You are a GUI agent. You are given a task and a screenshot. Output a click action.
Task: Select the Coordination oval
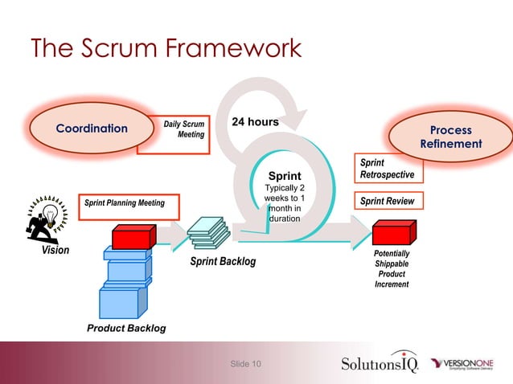91,129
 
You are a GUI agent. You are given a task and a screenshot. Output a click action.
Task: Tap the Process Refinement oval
450,137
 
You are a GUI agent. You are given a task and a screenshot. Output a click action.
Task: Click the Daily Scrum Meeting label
185,129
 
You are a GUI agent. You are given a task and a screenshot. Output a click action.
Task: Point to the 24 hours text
255,122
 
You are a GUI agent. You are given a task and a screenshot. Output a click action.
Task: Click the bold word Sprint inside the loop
285,176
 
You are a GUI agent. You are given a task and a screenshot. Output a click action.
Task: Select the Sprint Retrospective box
387,168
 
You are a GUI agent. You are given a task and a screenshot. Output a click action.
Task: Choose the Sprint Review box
387,202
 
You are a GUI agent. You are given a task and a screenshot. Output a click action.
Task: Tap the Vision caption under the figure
55,251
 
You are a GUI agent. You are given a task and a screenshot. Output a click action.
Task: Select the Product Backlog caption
126,328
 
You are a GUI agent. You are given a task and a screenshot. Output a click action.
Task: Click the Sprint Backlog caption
223,261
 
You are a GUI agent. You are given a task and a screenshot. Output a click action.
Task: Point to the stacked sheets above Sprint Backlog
209,232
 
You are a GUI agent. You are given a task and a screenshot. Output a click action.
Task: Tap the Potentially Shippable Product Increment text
392,268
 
